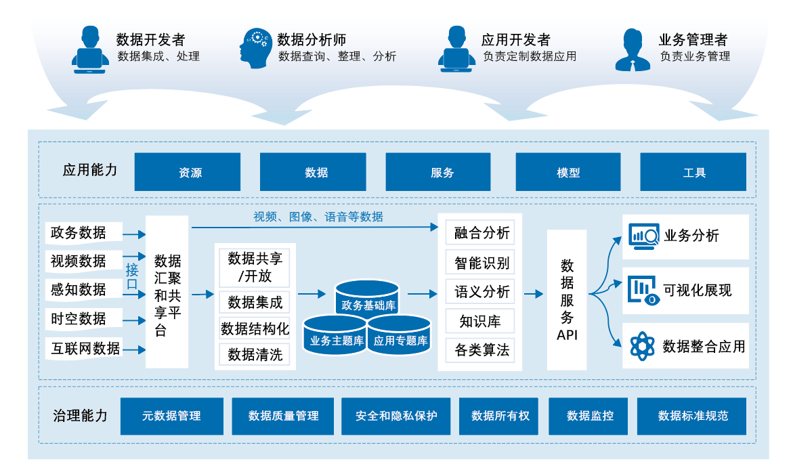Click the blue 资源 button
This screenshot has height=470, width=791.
188,172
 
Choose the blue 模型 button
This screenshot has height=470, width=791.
568,172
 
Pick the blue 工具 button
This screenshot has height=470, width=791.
693,172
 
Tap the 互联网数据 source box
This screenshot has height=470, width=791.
85,349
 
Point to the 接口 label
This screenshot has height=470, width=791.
132,278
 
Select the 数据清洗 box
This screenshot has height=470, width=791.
255,354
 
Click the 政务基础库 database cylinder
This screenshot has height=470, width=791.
368,298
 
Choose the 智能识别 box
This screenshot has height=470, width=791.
482,262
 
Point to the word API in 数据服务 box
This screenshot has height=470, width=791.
567,335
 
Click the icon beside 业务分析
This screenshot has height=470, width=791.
644,236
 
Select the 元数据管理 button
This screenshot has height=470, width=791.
171,416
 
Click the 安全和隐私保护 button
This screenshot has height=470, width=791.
396,416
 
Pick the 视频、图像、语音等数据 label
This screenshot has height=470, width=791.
318,217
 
